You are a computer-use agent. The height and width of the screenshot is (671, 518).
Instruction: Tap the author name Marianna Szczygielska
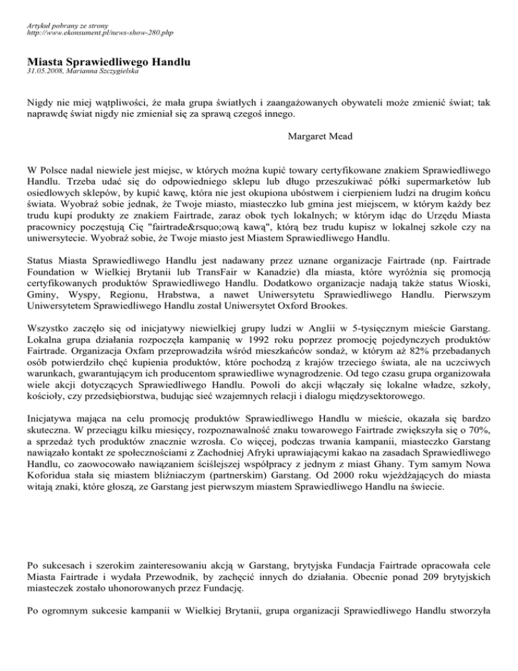coord(113,71)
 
